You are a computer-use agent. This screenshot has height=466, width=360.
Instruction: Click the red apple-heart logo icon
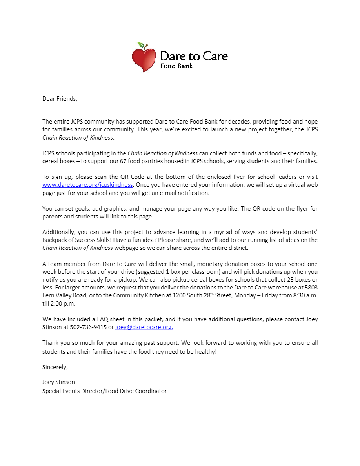tap(144, 59)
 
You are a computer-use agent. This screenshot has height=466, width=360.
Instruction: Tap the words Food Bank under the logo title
tap(176, 66)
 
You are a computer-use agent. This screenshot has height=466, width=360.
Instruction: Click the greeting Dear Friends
tap(60, 99)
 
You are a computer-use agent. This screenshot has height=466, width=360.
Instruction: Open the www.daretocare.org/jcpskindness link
tap(87, 184)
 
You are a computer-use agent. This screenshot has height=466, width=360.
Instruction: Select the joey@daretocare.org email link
tap(144, 327)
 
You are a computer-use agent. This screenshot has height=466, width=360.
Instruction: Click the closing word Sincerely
tap(55, 367)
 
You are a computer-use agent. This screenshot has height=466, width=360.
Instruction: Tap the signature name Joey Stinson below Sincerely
tap(58, 382)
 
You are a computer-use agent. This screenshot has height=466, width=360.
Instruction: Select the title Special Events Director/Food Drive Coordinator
tap(104, 391)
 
